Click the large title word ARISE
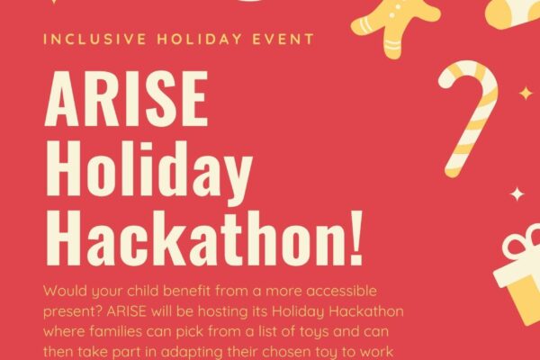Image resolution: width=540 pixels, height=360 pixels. pyautogui.click(x=126, y=98)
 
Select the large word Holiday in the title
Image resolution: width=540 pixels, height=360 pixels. pyautogui.click(x=148, y=172)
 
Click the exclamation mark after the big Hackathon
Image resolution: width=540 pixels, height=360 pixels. pyautogui.click(x=355, y=237)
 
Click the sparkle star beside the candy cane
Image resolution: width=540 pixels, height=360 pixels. pyautogui.click(x=526, y=94)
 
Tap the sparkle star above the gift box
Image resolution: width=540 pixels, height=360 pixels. pyautogui.click(x=517, y=194)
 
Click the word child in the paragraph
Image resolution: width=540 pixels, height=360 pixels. pyautogui.click(x=143, y=291)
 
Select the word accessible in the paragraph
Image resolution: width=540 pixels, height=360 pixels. pyautogui.click(x=341, y=291)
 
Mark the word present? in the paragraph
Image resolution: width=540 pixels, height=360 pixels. pyautogui.click(x=73, y=312)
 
